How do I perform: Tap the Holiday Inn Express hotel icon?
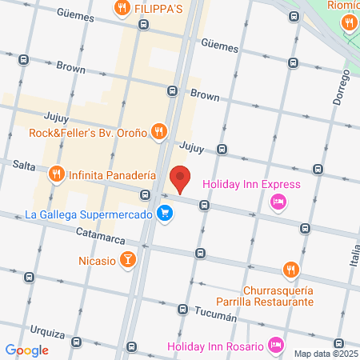pos(278,201)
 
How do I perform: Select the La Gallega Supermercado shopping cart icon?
pos(164,214)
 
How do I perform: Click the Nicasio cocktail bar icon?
pos(127,259)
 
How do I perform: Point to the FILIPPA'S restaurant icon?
pos(122,9)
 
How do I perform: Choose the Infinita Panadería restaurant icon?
pos(56,174)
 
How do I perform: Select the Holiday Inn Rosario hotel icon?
pos(275,346)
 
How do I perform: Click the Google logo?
pos(26,350)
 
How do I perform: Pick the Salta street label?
pos(25,164)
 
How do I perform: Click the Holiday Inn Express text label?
pos(251,185)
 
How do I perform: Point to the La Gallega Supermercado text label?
pos(89,214)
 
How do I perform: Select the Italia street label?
pos(354,258)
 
